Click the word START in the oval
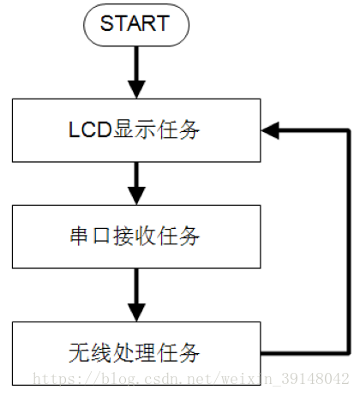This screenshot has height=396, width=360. click(x=135, y=23)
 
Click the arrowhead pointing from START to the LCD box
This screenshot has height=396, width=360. click(x=136, y=89)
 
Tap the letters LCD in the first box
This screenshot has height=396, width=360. click(x=90, y=129)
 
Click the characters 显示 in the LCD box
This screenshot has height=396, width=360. click(x=135, y=129)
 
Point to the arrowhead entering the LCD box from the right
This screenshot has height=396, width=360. click(x=270, y=130)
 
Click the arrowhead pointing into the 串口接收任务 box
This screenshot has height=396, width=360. click(x=136, y=195)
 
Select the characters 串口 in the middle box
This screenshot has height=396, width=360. click(x=90, y=236)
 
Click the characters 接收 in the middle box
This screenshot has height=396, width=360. click(x=135, y=236)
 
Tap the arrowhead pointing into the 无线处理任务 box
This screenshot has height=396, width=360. click(x=136, y=312)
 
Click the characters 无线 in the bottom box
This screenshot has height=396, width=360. click(x=90, y=353)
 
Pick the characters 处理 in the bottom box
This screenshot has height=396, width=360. click(x=135, y=353)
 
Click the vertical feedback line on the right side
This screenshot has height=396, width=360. click(x=349, y=242)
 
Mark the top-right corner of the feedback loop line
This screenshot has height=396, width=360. click(x=349, y=130)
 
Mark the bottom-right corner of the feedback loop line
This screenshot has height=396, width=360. click(x=349, y=353)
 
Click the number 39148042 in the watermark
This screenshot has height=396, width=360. click(x=315, y=379)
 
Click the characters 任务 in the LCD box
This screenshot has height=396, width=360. click(x=178, y=129)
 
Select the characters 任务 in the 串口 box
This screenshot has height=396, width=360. click(x=178, y=236)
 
